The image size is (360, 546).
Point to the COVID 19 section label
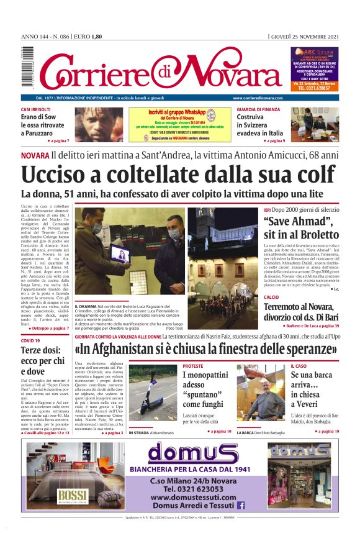(31, 341)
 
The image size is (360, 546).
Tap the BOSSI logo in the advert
(73, 495)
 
